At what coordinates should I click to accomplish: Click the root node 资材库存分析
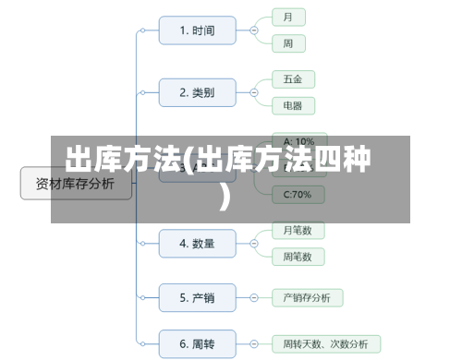(76, 184)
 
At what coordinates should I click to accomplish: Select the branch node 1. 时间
(196, 30)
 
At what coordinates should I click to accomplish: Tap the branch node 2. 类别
(196, 92)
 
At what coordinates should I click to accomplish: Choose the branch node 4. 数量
(196, 244)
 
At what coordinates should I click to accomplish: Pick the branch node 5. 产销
(196, 297)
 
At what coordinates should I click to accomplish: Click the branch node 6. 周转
(196, 344)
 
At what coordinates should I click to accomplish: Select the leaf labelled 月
(288, 18)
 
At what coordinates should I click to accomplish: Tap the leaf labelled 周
(288, 43)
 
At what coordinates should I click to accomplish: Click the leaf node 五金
(291, 79)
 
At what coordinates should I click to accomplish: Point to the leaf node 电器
(291, 105)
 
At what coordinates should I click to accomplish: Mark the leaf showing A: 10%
(298, 141)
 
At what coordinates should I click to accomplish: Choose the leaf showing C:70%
(298, 194)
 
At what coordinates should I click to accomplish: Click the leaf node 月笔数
(298, 230)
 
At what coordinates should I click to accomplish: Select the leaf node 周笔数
(298, 256)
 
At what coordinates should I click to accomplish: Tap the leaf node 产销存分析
(307, 297)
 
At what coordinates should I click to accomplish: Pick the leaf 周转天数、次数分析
(325, 344)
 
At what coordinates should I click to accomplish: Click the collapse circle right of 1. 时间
(254, 30)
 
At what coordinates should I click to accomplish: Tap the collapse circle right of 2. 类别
(254, 92)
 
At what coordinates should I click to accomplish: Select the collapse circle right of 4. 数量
(254, 244)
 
